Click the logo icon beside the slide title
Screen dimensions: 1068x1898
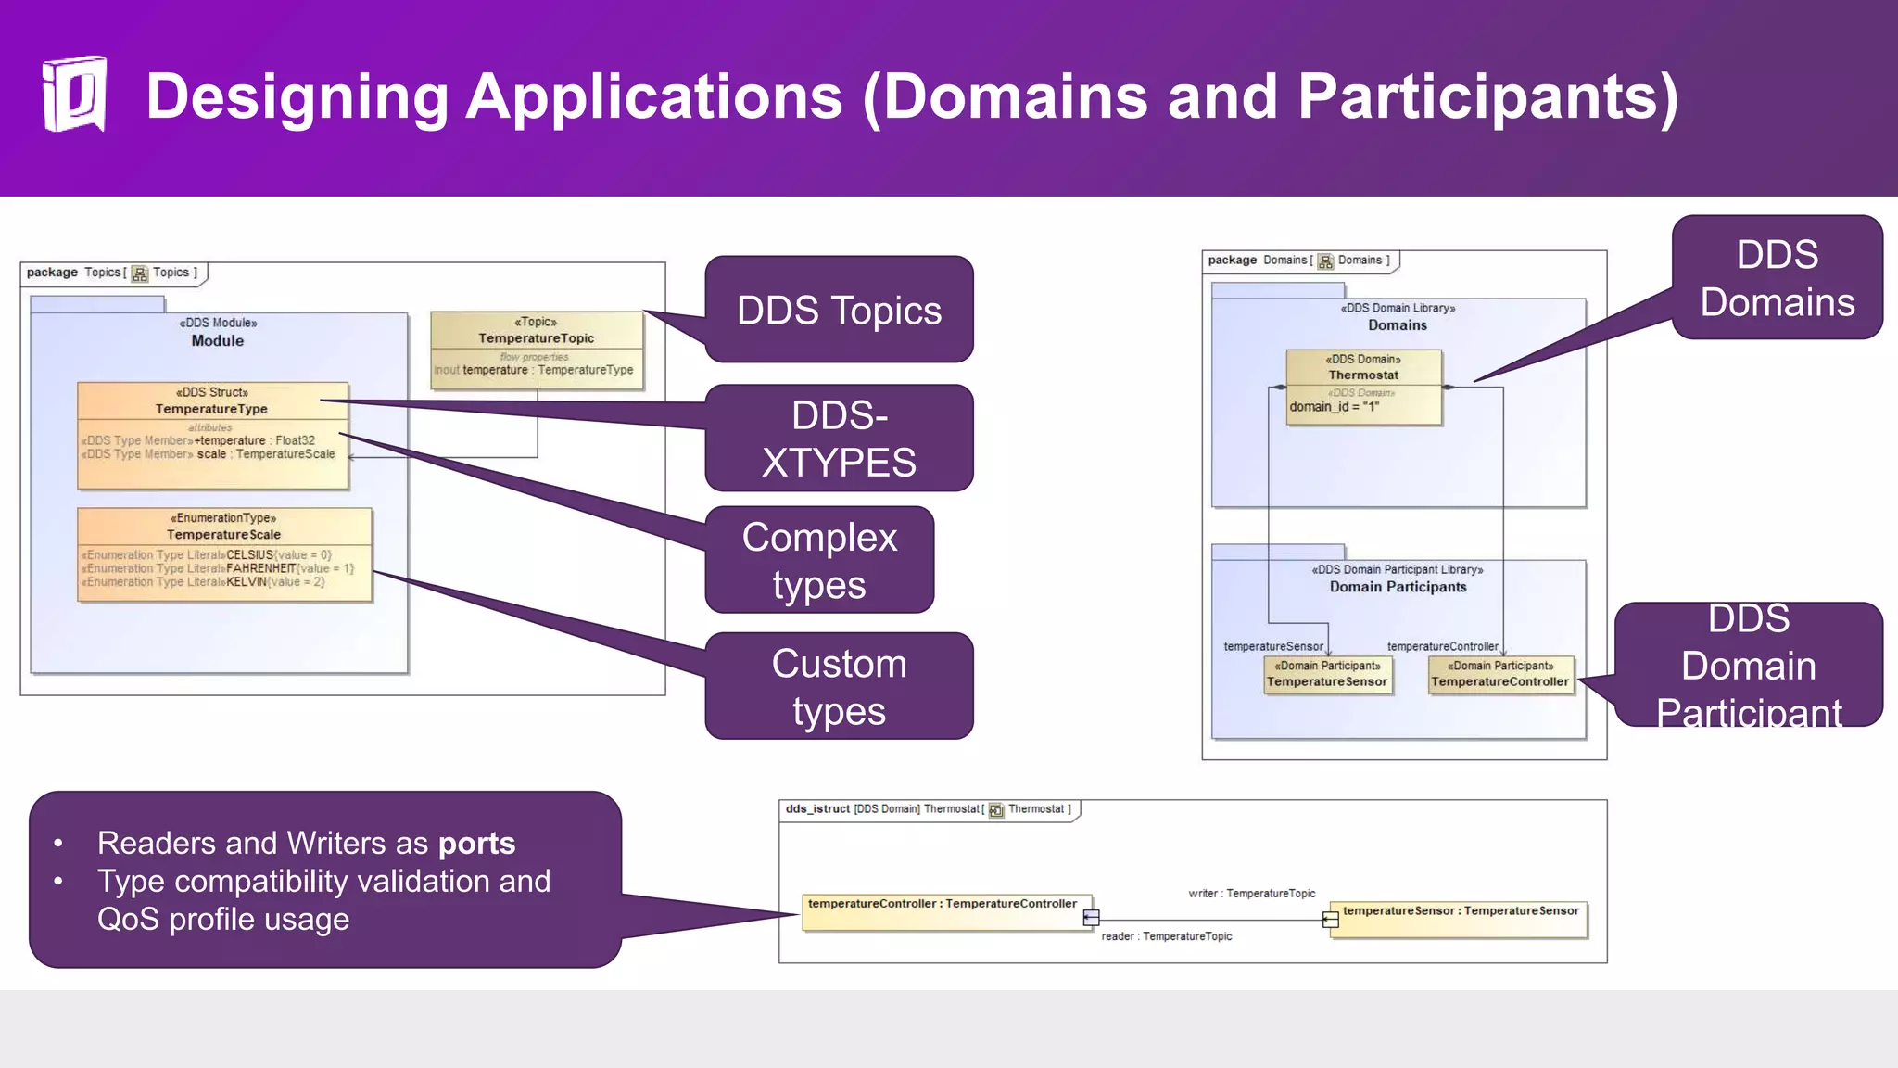coord(74,95)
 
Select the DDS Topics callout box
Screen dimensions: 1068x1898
coord(839,311)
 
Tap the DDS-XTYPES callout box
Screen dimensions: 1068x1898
coord(839,439)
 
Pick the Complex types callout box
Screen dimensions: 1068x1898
coord(819,560)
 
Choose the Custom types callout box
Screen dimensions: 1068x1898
coord(839,687)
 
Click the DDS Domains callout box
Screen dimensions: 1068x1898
coord(1777,278)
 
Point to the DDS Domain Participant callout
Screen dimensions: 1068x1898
coord(1748,665)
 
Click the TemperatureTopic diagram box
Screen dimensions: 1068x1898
coord(537,350)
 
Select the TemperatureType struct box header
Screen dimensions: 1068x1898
coord(212,400)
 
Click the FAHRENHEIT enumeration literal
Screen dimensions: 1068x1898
coord(260,568)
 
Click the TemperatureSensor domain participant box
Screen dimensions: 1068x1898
coord(1327,674)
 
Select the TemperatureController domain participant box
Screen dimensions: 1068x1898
coord(1499,674)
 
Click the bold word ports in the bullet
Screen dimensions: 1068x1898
coord(476,844)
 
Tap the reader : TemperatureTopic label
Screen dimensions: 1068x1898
coord(1166,936)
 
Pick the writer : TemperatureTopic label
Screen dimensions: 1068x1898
coord(1251,894)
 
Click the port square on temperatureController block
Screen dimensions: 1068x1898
coord(1091,918)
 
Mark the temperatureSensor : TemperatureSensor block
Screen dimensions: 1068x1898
coord(1459,919)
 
